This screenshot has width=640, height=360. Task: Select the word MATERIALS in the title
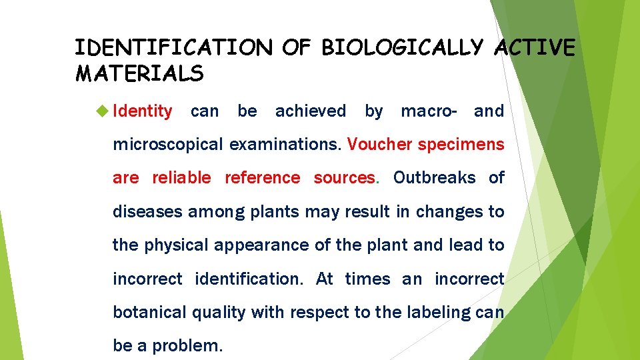(139, 73)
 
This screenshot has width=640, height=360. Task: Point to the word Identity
(143, 111)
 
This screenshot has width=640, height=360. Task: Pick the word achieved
(310, 111)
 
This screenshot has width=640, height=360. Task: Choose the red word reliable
(181, 178)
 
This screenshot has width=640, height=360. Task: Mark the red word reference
(262, 178)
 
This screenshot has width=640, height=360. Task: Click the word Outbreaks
(434, 178)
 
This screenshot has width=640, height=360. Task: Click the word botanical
(149, 312)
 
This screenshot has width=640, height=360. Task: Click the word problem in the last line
(187, 346)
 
